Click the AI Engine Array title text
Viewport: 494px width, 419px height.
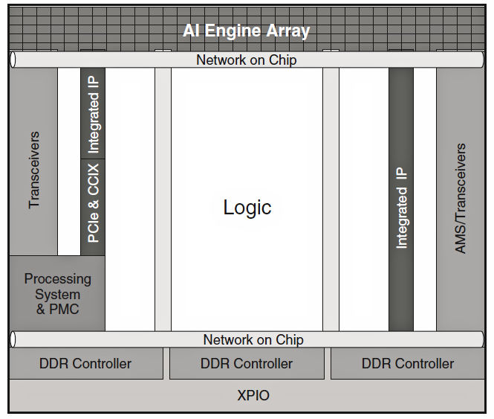tap(246, 31)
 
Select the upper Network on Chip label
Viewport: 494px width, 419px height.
tap(246, 60)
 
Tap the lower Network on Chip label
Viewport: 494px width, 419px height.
tap(253, 340)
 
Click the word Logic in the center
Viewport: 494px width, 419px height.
tap(247, 207)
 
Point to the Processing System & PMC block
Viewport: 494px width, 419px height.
tap(57, 293)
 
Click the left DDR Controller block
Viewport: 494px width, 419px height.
tap(85, 364)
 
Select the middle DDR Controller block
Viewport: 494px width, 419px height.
tap(247, 364)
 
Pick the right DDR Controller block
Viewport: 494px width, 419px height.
tap(407, 364)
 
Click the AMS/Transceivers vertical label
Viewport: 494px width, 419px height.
tap(461, 199)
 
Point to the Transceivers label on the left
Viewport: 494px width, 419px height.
tap(34, 170)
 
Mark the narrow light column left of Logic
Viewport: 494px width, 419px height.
tap(163, 199)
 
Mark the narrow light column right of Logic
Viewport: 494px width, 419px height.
tap(331, 199)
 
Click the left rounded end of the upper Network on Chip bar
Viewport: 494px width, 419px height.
tap(13, 60)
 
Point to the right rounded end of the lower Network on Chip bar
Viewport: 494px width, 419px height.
tap(481, 340)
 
